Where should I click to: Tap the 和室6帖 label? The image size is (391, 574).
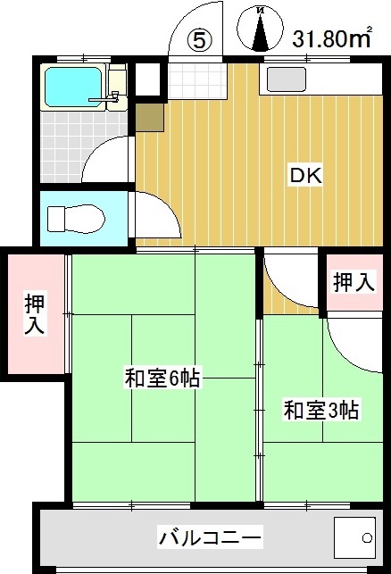(162, 379)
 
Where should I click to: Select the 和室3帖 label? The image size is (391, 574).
(321, 411)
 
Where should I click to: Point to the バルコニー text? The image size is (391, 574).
(211, 538)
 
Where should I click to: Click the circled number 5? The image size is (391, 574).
(199, 39)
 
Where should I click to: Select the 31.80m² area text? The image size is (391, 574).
(331, 39)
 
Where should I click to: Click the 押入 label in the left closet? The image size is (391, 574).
(34, 314)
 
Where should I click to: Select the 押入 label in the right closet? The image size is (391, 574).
(354, 283)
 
